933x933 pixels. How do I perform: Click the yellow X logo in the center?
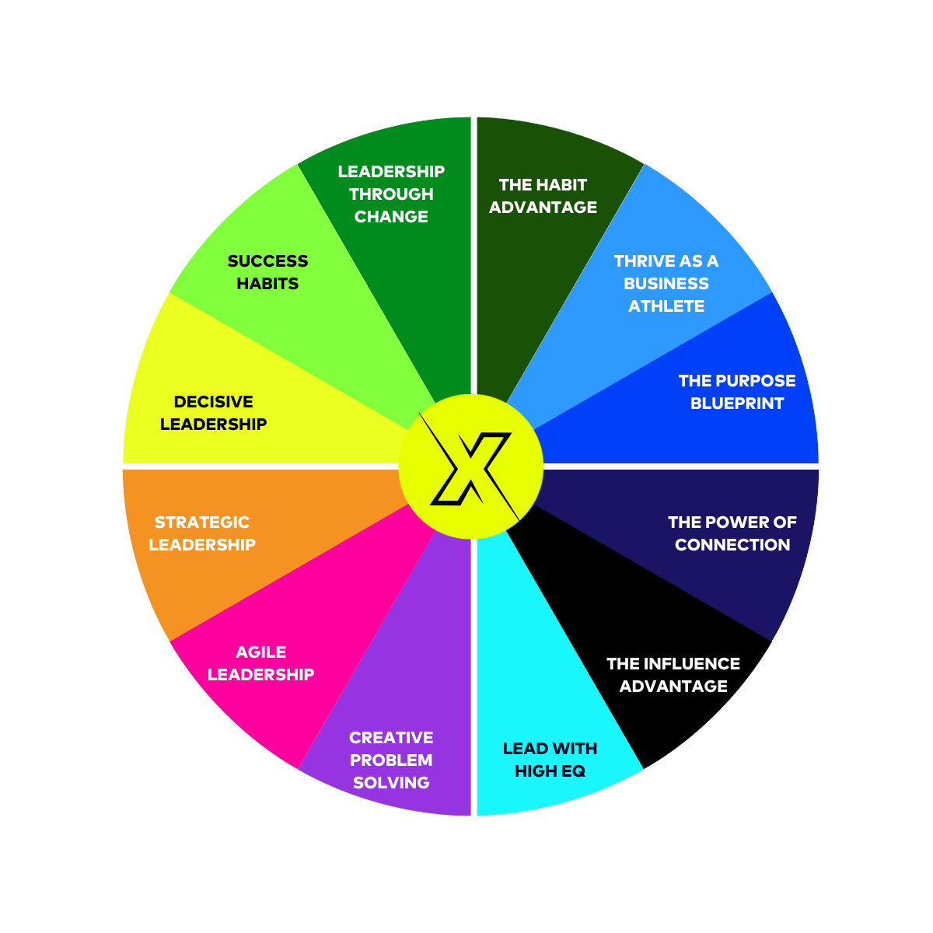click(x=470, y=466)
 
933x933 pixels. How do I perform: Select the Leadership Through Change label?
click(x=391, y=194)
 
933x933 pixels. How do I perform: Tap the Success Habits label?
click(x=267, y=272)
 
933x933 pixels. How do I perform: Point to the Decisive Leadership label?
click(x=213, y=413)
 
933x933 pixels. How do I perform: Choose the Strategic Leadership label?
click(x=202, y=533)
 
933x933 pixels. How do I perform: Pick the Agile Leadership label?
click(x=260, y=663)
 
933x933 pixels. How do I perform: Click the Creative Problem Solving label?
click(x=391, y=760)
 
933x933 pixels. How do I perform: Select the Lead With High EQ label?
click(x=550, y=760)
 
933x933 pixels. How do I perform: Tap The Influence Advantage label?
click(x=673, y=675)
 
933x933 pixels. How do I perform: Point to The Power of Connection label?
click(x=732, y=533)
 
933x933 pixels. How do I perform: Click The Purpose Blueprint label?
click(x=737, y=392)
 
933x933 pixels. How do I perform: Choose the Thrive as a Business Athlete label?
click(x=666, y=283)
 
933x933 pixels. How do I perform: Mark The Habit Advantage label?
click(x=543, y=196)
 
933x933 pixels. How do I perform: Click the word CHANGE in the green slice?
click(x=391, y=217)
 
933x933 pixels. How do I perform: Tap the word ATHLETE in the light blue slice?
click(x=666, y=306)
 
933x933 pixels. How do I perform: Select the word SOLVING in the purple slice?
click(x=391, y=783)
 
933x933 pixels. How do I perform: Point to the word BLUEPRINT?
click(x=737, y=404)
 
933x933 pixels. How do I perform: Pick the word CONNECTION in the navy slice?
click(x=732, y=545)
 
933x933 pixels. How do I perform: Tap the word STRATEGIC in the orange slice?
click(x=202, y=522)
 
